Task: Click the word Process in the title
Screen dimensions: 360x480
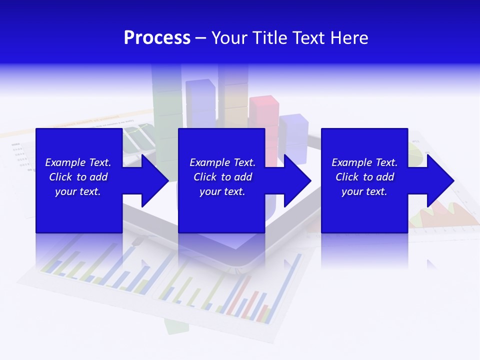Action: [x=157, y=38]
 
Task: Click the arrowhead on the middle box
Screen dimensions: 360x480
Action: [x=296, y=180]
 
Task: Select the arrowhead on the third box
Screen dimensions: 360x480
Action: [x=439, y=180]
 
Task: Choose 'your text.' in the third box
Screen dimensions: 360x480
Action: [x=364, y=191]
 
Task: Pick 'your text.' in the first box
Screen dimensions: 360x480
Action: [x=78, y=191]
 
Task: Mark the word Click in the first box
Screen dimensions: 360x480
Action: [x=60, y=177]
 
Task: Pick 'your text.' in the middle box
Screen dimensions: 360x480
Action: [x=222, y=191]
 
